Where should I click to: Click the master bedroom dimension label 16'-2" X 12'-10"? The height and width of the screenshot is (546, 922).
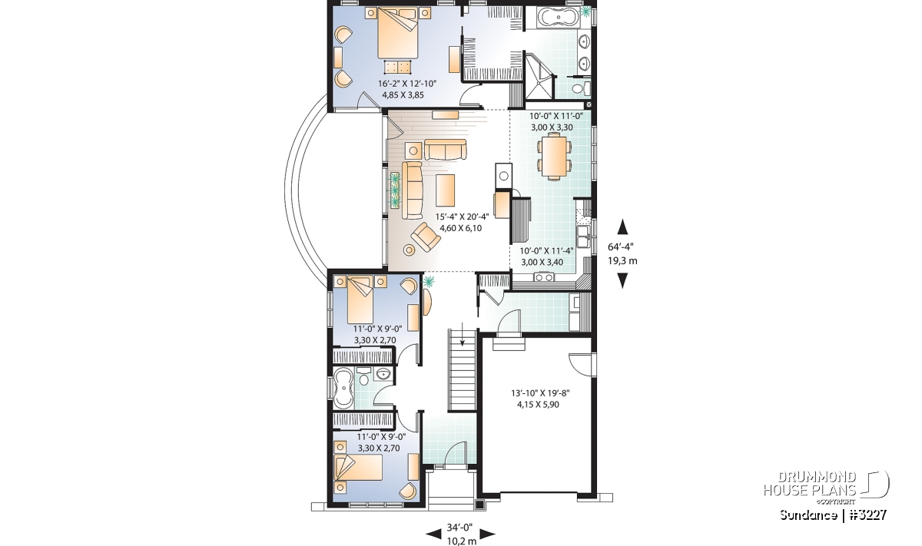[x=406, y=84]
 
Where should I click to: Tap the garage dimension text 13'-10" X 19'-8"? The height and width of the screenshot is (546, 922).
[x=540, y=393]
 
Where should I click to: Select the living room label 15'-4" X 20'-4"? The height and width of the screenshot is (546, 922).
[x=463, y=217]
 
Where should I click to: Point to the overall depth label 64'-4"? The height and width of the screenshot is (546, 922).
[x=621, y=247]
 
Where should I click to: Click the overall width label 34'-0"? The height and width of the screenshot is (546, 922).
[x=459, y=527]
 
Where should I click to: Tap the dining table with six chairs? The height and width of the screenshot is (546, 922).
[x=554, y=156]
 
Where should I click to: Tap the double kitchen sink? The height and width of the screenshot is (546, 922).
[x=583, y=237]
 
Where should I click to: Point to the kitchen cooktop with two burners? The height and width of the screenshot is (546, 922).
[x=544, y=277]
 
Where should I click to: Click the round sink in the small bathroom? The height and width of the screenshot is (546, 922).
[x=383, y=374]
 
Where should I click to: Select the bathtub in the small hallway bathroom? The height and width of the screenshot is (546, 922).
[x=343, y=388]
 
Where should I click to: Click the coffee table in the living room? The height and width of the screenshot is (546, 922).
[x=446, y=190]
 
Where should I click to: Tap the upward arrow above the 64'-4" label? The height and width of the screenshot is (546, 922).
[x=623, y=227]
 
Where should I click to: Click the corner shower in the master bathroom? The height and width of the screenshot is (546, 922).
[x=540, y=77]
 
